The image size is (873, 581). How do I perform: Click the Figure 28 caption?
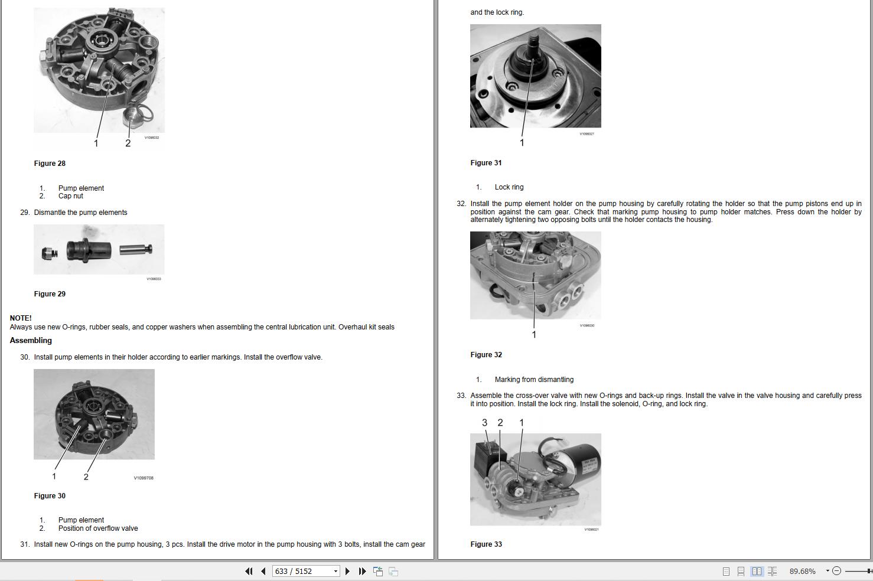[x=50, y=164]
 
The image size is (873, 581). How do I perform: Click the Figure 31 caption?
[x=486, y=163]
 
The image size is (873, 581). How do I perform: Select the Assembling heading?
[x=31, y=341]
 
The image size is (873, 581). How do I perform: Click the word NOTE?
[x=21, y=318]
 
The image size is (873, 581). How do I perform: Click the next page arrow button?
[x=347, y=571]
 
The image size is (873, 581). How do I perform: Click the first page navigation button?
[x=249, y=571]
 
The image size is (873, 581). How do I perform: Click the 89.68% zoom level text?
[x=802, y=571]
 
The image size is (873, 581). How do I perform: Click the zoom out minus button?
[x=836, y=571]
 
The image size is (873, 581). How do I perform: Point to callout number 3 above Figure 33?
[x=484, y=423]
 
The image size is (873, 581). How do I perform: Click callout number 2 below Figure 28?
[x=128, y=143]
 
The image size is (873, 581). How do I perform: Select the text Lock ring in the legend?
[x=509, y=187]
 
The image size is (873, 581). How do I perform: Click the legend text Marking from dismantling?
[x=534, y=380]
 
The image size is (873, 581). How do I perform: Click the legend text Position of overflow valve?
[x=98, y=528]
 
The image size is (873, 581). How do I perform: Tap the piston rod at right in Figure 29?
[x=135, y=250]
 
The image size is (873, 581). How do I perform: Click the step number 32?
[x=461, y=204]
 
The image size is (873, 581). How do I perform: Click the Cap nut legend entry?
[x=70, y=196]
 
